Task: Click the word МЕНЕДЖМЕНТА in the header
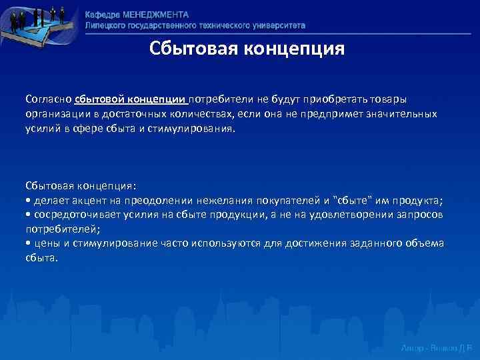[x=155, y=15]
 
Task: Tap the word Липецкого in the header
[x=106, y=25]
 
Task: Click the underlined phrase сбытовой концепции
[x=131, y=99]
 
